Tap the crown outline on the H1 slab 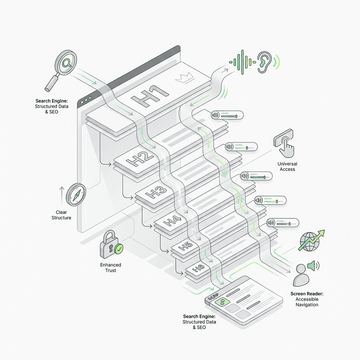pyautogui.click(x=184, y=78)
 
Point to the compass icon pyautogui.click(x=76, y=194)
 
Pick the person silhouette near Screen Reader pyautogui.click(x=301, y=275)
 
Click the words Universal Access pyautogui.click(x=287, y=166)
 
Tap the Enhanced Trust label pyautogui.click(x=111, y=268)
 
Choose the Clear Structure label pyautogui.click(x=61, y=215)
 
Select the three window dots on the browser pyautogui.click(x=86, y=99)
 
